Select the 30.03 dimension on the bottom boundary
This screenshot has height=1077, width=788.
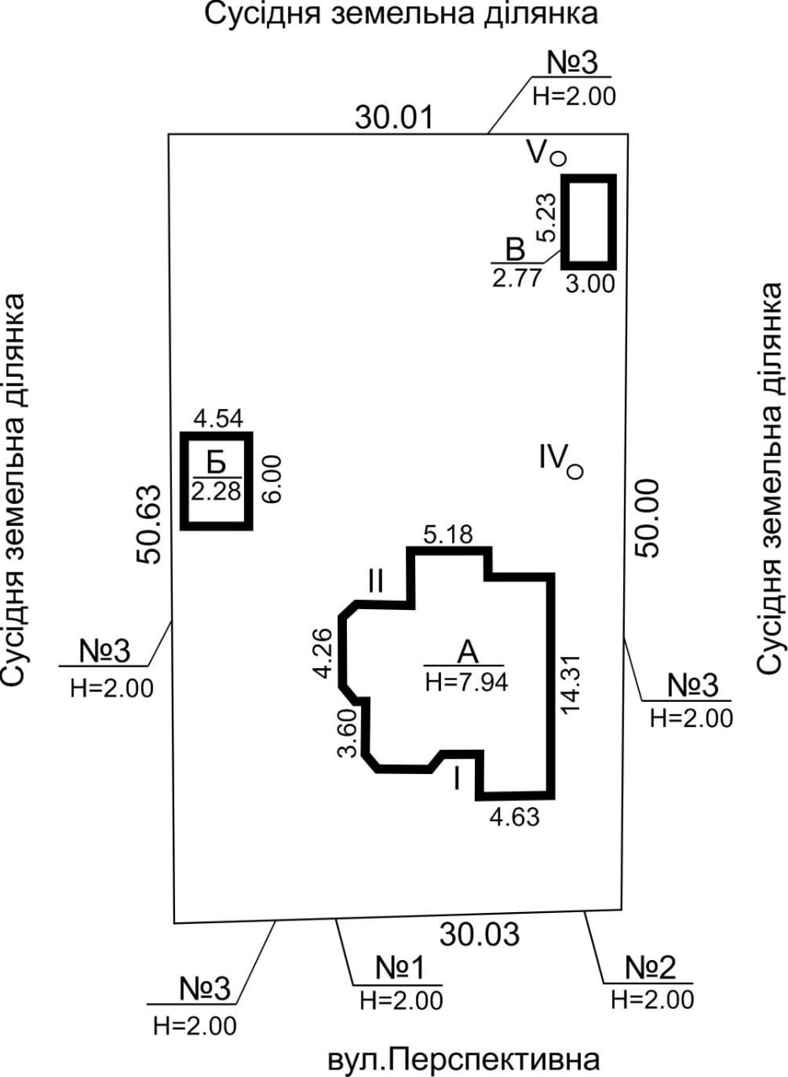(x=480, y=933)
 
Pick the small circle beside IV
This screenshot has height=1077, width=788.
(x=575, y=472)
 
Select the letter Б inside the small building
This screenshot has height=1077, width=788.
(x=217, y=464)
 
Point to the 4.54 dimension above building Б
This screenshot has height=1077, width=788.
(x=217, y=418)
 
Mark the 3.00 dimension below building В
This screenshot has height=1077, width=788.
(x=590, y=284)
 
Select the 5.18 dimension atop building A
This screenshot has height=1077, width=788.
(x=449, y=534)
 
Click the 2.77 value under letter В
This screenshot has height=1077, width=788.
(x=515, y=279)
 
